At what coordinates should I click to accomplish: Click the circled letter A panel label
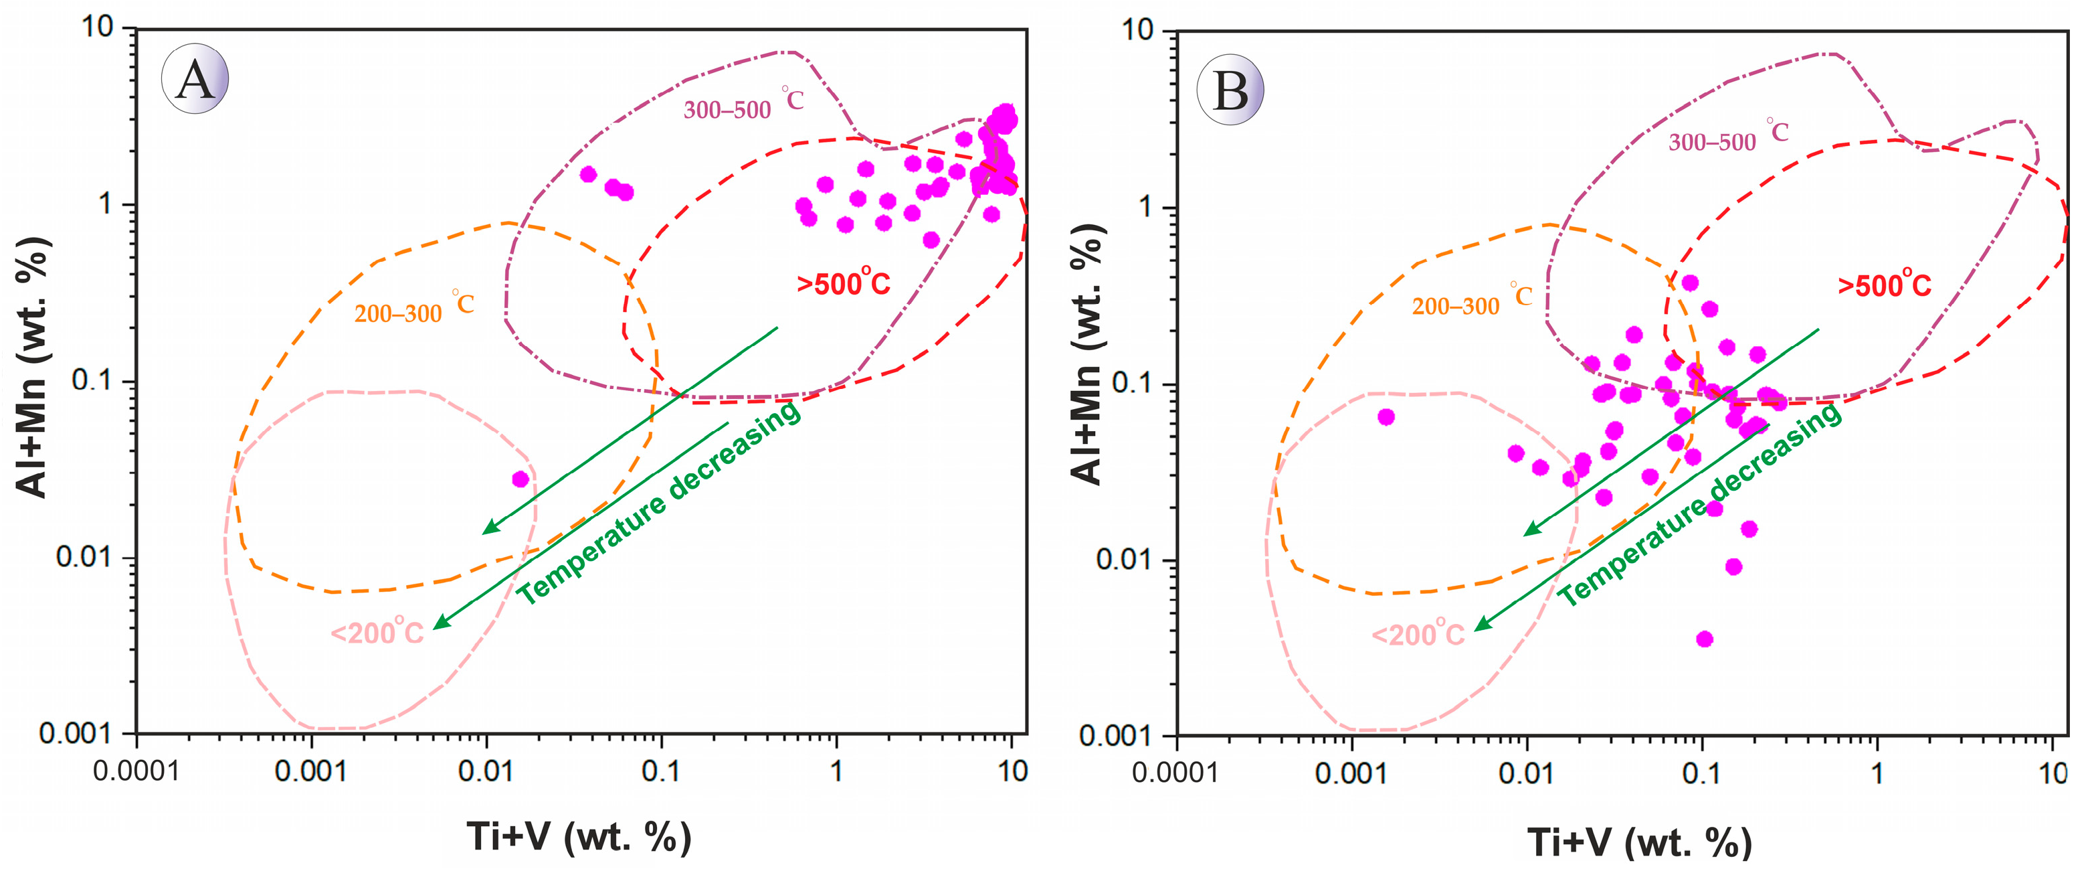tap(195, 79)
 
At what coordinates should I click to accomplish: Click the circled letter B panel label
tap(1230, 89)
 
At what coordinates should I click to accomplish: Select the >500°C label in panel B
tap(1884, 284)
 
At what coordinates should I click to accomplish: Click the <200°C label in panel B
tap(1418, 633)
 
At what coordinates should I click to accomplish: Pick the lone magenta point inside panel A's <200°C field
tap(520, 479)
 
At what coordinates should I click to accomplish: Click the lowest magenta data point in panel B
tap(1705, 639)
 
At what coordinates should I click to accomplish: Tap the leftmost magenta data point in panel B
tap(1386, 417)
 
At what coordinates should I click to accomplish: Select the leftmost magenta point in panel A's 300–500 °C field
tap(589, 174)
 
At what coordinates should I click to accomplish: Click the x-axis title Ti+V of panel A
tap(579, 837)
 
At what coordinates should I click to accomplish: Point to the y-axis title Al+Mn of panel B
tap(1088, 354)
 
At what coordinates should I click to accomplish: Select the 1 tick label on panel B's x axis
tap(1877, 773)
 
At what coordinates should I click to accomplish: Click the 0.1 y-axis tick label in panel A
tap(92, 380)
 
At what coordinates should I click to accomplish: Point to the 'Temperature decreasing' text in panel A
tap(659, 503)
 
